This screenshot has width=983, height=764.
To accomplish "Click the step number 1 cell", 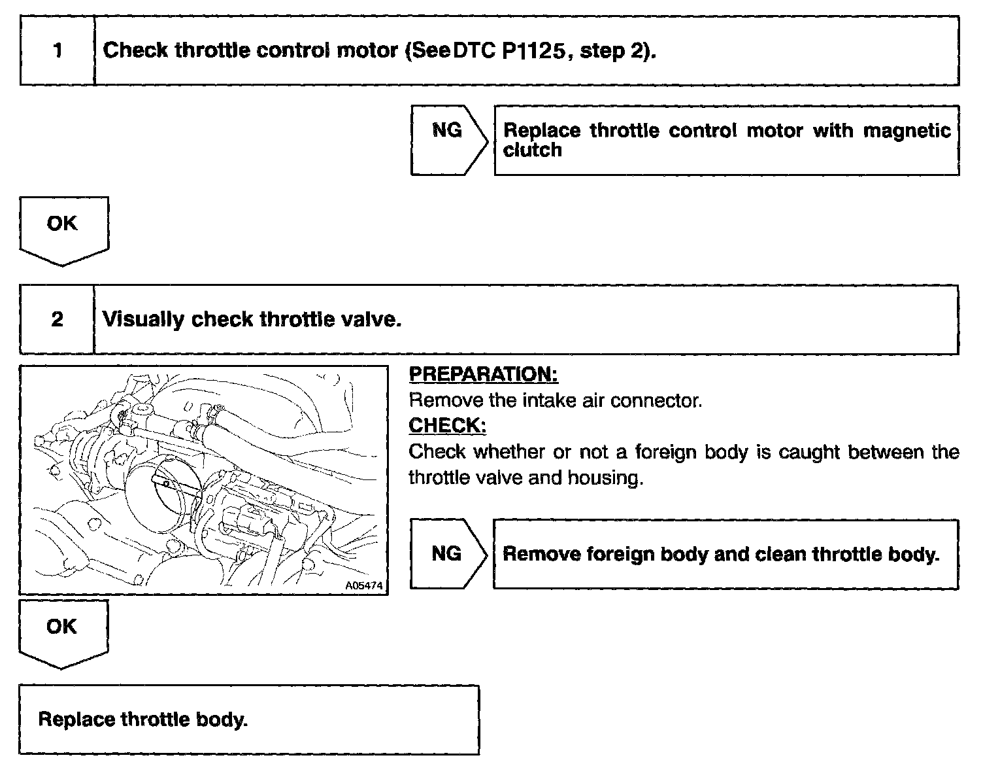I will tap(58, 50).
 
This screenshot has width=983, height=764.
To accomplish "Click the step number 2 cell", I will tap(58, 319).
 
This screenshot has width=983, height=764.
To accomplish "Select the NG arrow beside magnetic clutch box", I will tap(448, 140).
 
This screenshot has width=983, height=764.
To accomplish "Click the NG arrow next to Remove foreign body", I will tap(448, 554).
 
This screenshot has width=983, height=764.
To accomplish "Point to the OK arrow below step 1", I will tap(63, 229).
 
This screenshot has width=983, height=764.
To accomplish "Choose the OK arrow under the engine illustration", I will tap(63, 632).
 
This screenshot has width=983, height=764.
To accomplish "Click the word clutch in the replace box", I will tap(532, 150).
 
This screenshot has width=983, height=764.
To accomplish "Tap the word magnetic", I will tap(907, 131).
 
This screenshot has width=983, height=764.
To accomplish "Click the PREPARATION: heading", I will tap(483, 374).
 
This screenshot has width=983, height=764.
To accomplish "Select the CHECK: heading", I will tap(447, 426).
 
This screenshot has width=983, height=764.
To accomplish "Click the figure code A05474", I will tap(364, 585).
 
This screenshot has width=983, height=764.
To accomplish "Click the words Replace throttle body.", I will tap(143, 720).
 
